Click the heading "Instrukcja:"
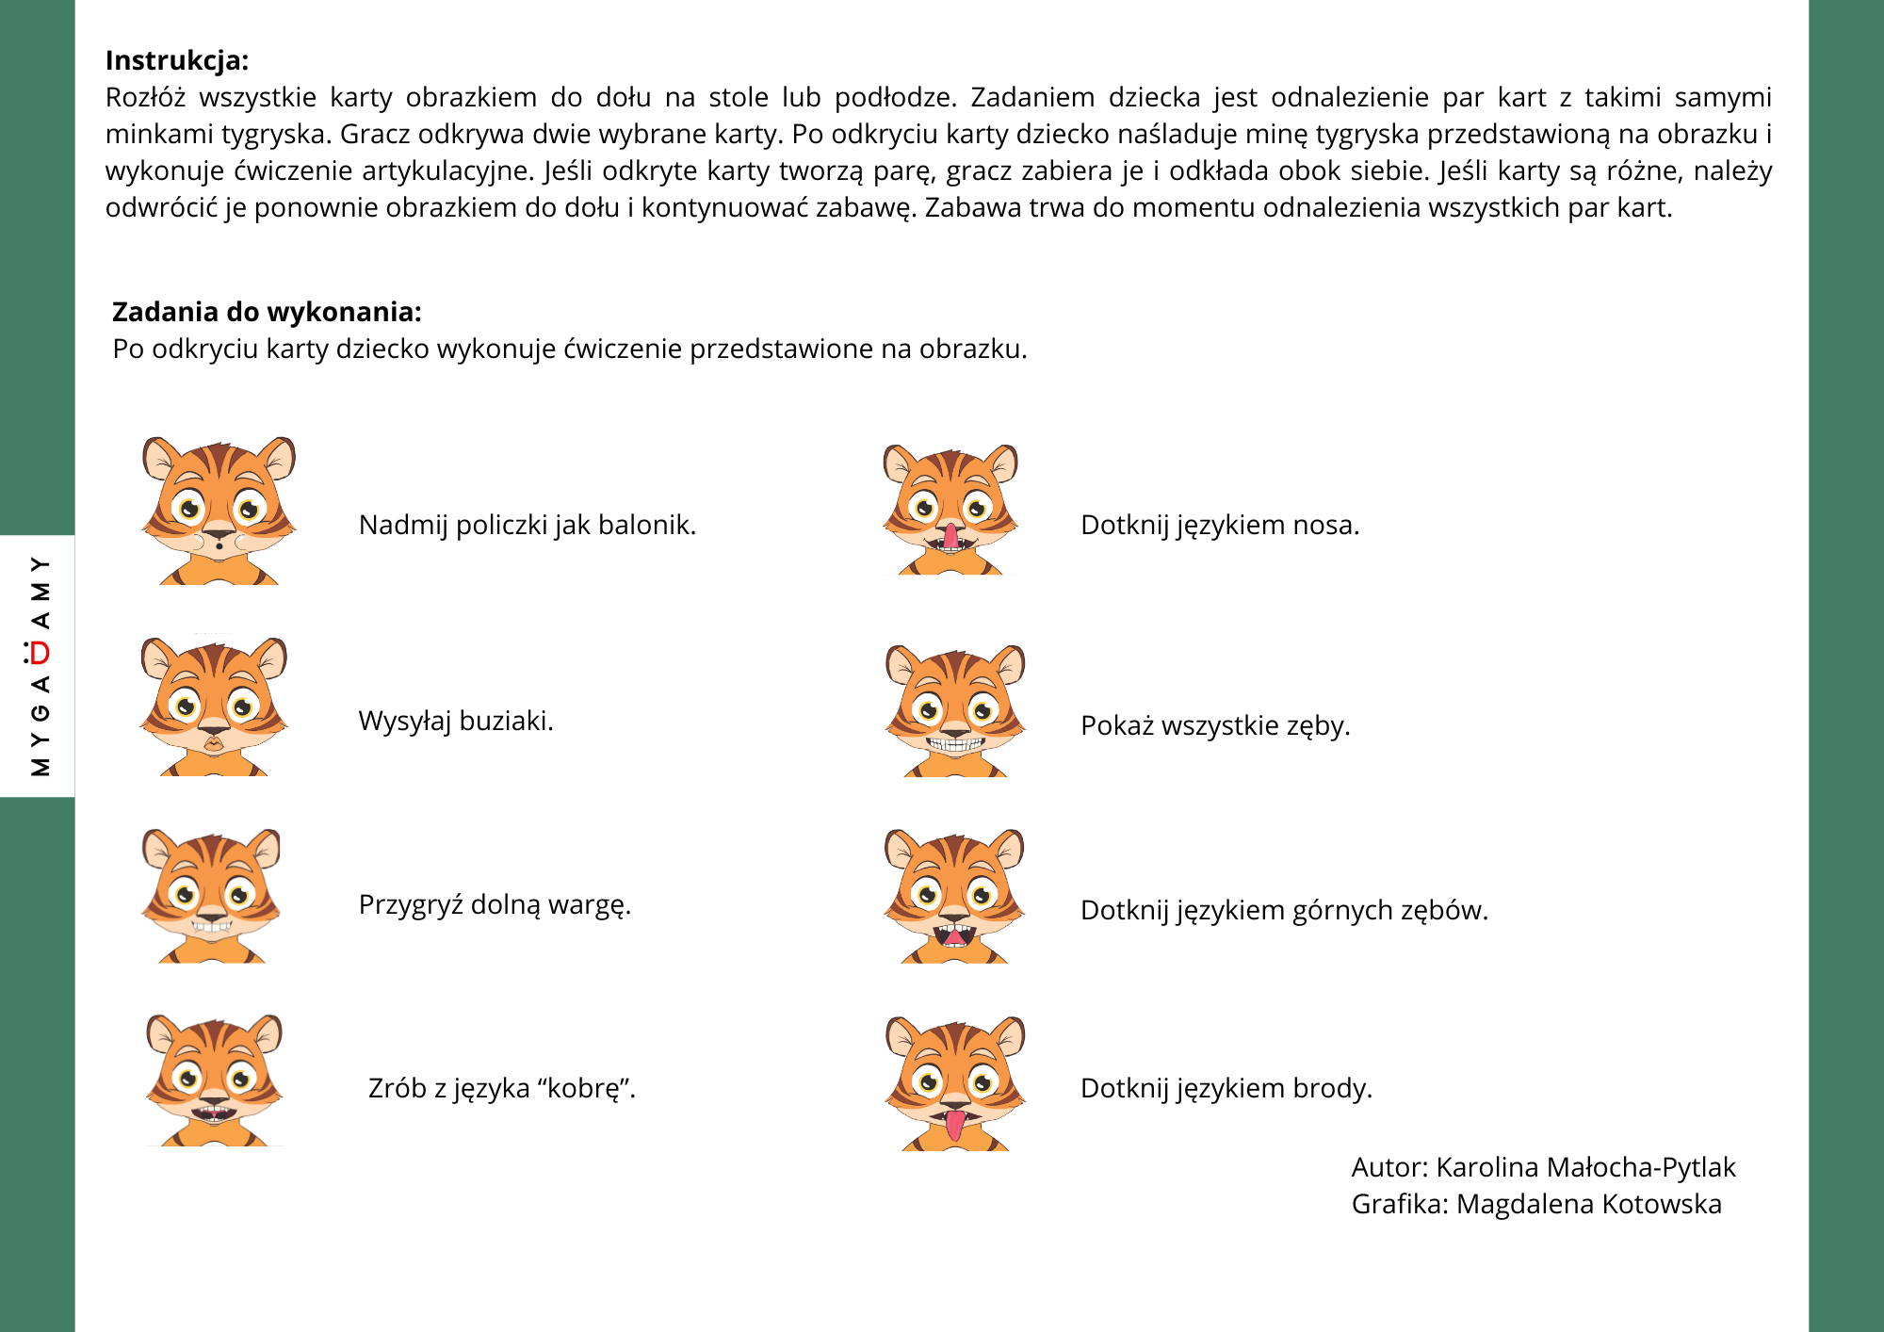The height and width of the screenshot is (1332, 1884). coord(177,60)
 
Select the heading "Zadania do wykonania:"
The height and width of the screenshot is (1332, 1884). coord(267,312)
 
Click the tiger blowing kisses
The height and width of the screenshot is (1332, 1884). coord(214,707)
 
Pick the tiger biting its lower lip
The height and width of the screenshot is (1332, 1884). coord(212,895)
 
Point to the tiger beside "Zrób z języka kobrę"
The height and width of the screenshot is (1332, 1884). coord(215,1080)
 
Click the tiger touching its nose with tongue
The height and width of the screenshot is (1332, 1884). coord(950,509)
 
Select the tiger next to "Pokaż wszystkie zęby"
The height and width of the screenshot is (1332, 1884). coord(955,710)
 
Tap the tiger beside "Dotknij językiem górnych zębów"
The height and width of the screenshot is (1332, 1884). coord(954,895)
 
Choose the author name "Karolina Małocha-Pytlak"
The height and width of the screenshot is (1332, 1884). coord(1585,1167)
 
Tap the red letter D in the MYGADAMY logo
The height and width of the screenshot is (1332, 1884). coord(40,652)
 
